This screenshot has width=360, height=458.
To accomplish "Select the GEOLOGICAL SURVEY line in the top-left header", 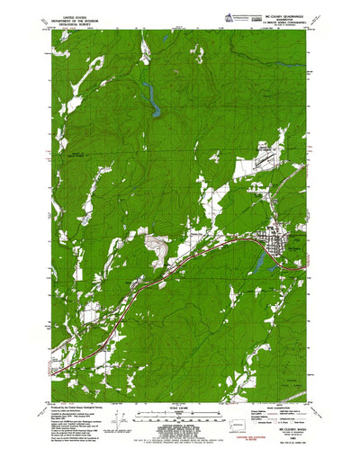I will point(75,23).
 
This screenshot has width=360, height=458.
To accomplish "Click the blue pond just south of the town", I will point(262,262).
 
